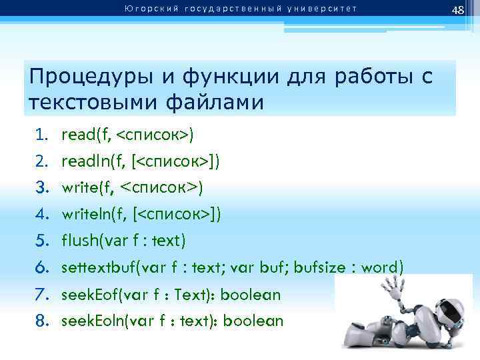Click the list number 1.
(42, 136)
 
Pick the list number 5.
(42, 240)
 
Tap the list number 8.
(42, 321)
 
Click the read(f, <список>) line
(127, 136)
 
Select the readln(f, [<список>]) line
(141, 161)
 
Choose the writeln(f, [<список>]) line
(141, 214)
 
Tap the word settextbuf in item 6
(93, 267)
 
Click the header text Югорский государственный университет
(239, 9)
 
